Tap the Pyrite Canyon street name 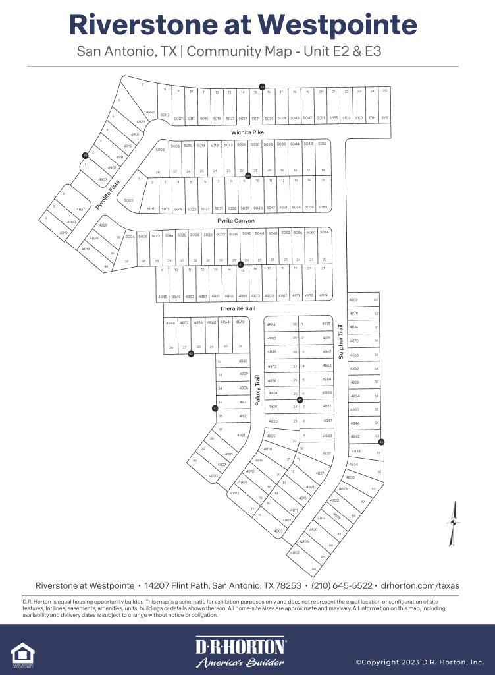point(236,221)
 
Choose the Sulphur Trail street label point(341,341)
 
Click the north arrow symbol point(452,524)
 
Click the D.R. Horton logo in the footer point(240,652)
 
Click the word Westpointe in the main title point(336,24)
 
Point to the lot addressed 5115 point(385,118)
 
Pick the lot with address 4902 point(353,299)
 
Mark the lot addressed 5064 point(324,233)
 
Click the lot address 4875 point(326,324)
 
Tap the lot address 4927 point(151,112)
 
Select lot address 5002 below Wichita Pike point(160,150)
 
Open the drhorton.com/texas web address point(420,585)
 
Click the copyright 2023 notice point(420,662)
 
